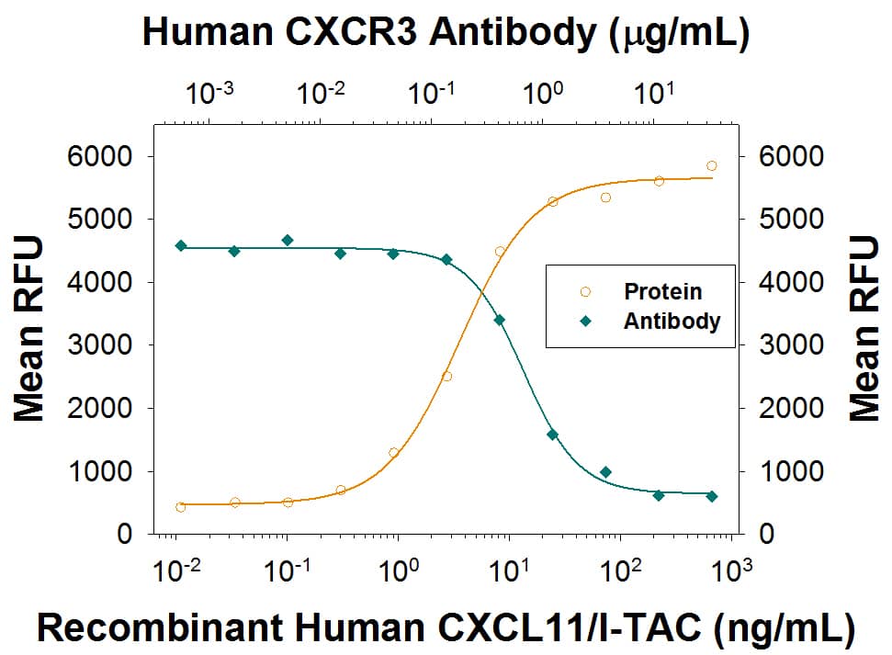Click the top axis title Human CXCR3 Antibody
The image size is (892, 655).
(x=446, y=32)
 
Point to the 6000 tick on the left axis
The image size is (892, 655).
(x=102, y=156)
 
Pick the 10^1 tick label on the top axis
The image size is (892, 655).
(x=654, y=93)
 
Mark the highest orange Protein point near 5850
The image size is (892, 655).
(x=712, y=166)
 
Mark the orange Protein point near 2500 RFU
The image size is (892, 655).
(x=446, y=376)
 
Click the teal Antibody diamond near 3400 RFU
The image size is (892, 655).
(x=499, y=320)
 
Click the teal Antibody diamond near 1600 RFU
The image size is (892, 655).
(x=552, y=435)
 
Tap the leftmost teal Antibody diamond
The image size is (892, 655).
(x=180, y=245)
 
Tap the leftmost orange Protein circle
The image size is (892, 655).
(x=180, y=507)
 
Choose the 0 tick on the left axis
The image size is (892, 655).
(x=129, y=535)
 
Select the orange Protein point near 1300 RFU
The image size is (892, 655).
(x=393, y=452)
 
